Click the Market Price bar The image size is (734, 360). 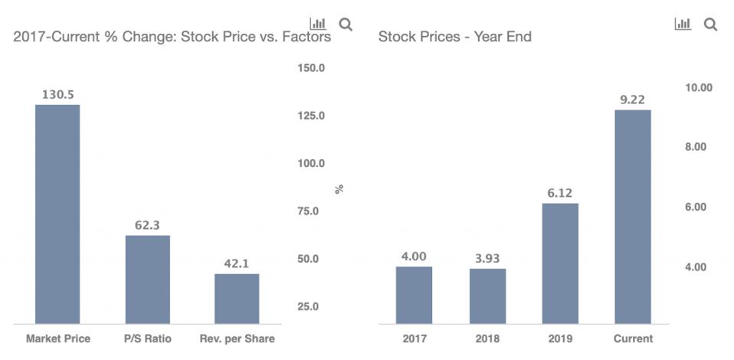(57, 214)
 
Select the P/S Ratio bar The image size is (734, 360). (147, 279)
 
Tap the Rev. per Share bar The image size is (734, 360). (237, 298)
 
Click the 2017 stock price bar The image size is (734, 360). (414, 294)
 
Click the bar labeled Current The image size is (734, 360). (633, 216)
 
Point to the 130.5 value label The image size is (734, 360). (57, 95)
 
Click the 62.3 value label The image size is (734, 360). (147, 225)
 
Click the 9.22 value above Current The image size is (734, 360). (633, 100)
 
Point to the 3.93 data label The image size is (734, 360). (487, 258)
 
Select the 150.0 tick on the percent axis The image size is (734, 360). (311, 68)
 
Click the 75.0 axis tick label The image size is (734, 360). (311, 211)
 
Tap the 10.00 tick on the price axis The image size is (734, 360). (698, 87)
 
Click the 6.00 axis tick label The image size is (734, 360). (698, 208)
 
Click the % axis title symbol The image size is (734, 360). (339, 188)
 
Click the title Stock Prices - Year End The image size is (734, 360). (455, 37)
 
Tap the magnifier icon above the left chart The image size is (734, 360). (346, 25)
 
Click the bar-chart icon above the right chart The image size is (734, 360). (682, 25)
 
